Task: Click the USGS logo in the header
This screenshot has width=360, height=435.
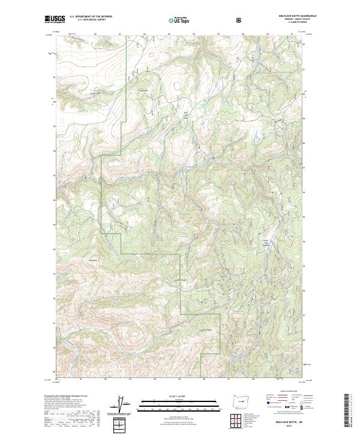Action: (55, 19)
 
